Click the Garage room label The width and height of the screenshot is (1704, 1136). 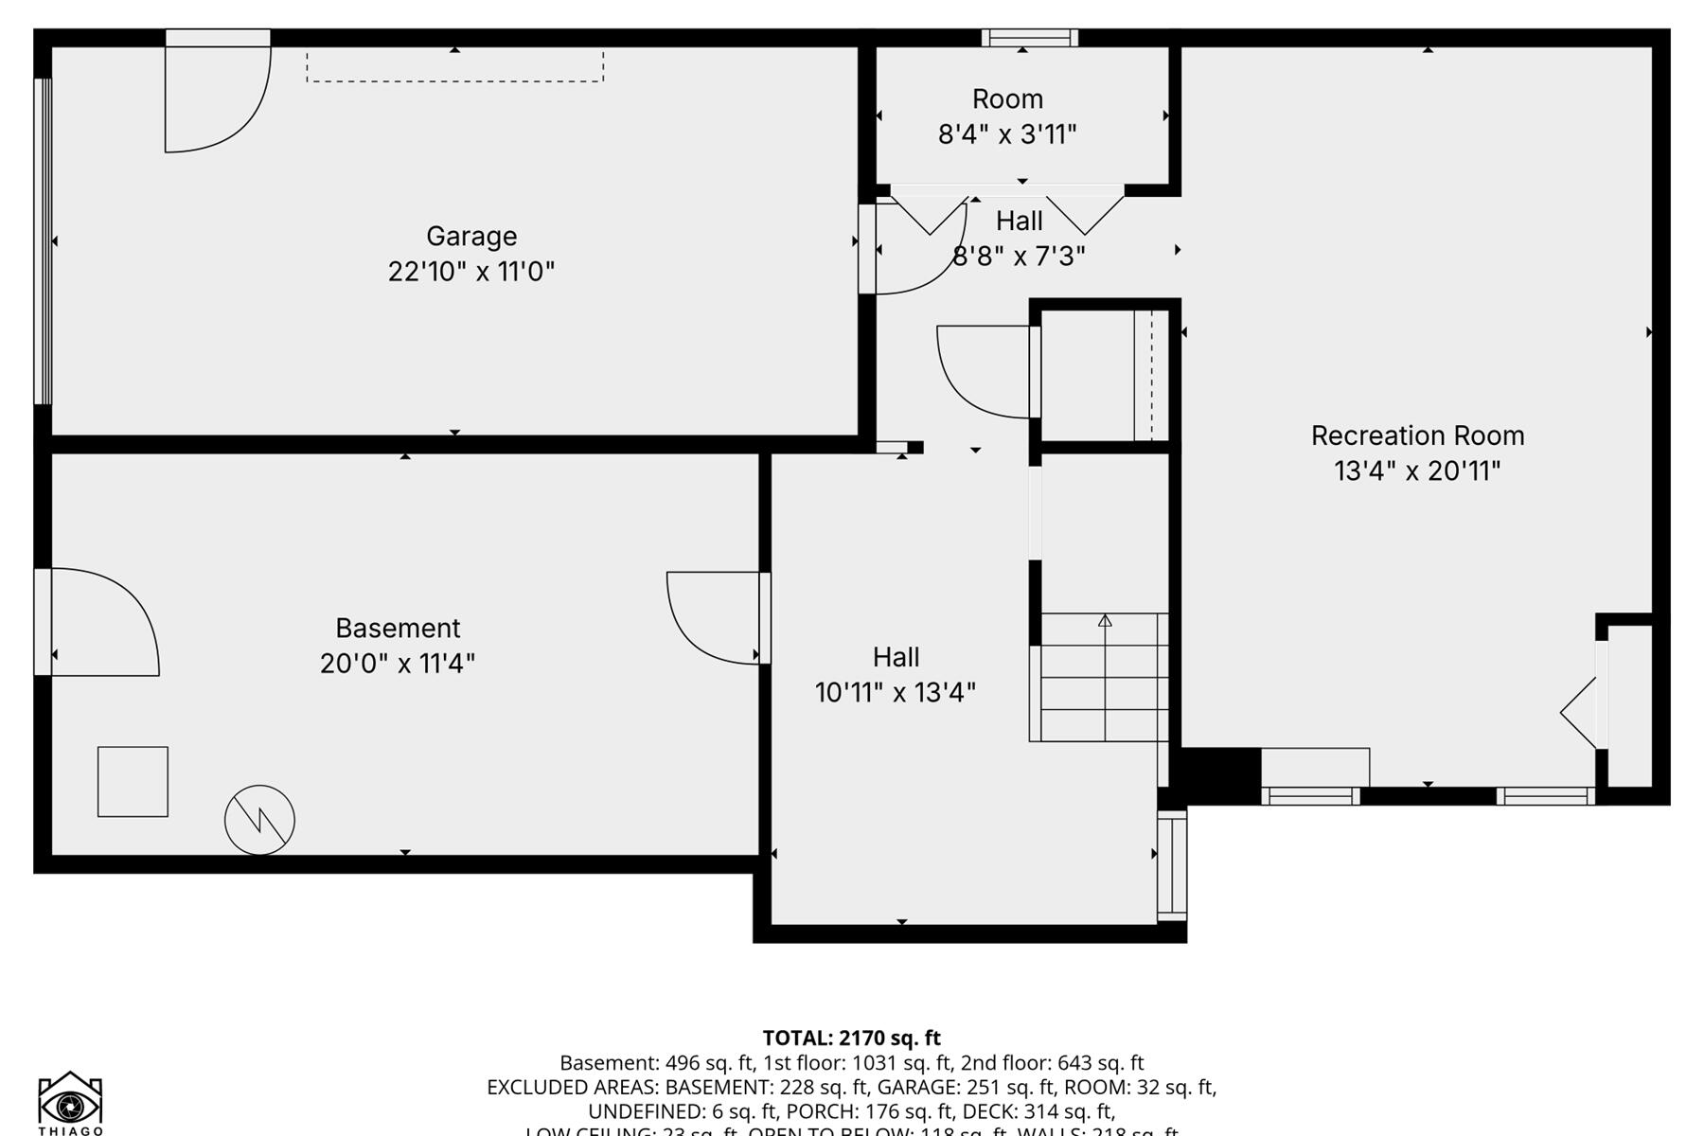[471, 236]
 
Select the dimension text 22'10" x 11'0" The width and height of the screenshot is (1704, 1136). [471, 272]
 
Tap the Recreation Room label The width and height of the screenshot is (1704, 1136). [1417, 435]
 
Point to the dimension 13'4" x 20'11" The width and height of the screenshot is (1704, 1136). [1417, 470]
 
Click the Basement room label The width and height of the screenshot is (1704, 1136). [398, 628]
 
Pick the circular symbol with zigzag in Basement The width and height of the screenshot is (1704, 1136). [259, 820]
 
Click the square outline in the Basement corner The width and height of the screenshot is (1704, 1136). [133, 782]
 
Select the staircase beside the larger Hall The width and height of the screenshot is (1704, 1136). [1103, 677]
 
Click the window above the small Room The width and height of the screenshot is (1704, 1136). [1029, 38]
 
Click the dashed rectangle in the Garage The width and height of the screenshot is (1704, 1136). [454, 66]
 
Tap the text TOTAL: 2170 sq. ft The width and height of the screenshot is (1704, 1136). [851, 1038]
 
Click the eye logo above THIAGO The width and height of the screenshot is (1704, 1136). [70, 1101]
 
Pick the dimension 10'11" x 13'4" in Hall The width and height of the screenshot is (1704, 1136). [895, 692]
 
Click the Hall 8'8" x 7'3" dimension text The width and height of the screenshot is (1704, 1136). [1019, 257]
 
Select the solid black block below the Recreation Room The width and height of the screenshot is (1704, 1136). [1221, 774]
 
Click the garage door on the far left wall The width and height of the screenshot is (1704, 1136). [43, 241]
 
